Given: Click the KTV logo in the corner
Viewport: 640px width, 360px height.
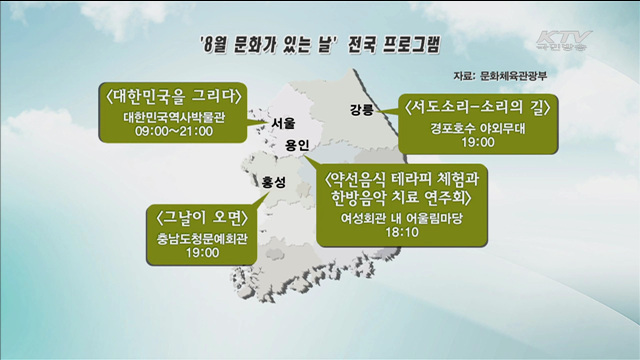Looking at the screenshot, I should coord(562,43).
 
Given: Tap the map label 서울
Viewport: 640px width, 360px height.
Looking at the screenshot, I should coord(283,124).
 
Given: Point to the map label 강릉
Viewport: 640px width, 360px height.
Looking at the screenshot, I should coord(361,108).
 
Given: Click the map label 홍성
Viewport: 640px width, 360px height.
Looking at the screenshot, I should coord(273,182).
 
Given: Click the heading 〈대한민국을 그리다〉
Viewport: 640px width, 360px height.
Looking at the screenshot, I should coord(171,96).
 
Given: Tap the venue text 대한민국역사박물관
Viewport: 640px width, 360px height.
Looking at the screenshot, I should coord(170,116).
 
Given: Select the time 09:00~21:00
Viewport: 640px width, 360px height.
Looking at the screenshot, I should coord(170,130).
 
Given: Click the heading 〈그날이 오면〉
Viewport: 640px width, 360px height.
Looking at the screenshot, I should coord(201,218).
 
